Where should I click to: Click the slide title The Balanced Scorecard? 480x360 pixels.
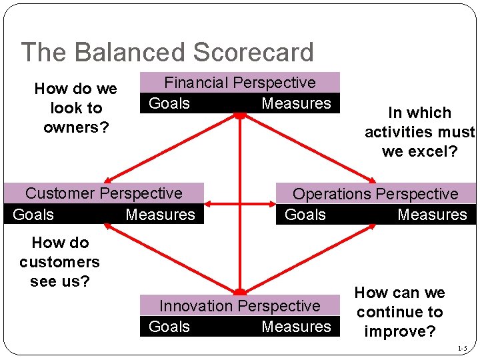pyautogui.click(x=167, y=53)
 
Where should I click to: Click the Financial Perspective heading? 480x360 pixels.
pyautogui.click(x=239, y=83)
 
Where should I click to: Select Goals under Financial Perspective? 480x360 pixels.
pyautogui.click(x=169, y=103)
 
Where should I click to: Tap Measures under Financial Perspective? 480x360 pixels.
pyautogui.click(x=296, y=103)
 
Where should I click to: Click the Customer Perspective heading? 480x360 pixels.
pyautogui.click(x=103, y=193)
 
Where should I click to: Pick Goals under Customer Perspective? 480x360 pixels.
pyautogui.click(x=33, y=215)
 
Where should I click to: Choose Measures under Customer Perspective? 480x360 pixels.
pyautogui.click(x=160, y=215)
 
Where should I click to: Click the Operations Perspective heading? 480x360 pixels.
pyautogui.click(x=375, y=194)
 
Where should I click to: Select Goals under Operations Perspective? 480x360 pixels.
pyautogui.click(x=305, y=215)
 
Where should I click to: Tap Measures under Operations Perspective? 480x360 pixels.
pyautogui.click(x=432, y=215)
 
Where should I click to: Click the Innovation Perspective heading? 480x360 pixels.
pyautogui.click(x=239, y=306)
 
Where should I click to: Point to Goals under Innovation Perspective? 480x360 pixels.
pyautogui.click(x=169, y=327)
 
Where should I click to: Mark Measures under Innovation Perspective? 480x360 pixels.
pyautogui.click(x=296, y=327)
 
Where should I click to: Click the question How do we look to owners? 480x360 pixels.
pyautogui.click(x=75, y=108)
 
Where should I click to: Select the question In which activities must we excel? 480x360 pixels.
pyautogui.click(x=419, y=132)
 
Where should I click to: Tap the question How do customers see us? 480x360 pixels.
pyautogui.click(x=59, y=262)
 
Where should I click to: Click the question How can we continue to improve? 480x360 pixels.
pyautogui.click(x=399, y=312)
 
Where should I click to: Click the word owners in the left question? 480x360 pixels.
pyautogui.click(x=75, y=127)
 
